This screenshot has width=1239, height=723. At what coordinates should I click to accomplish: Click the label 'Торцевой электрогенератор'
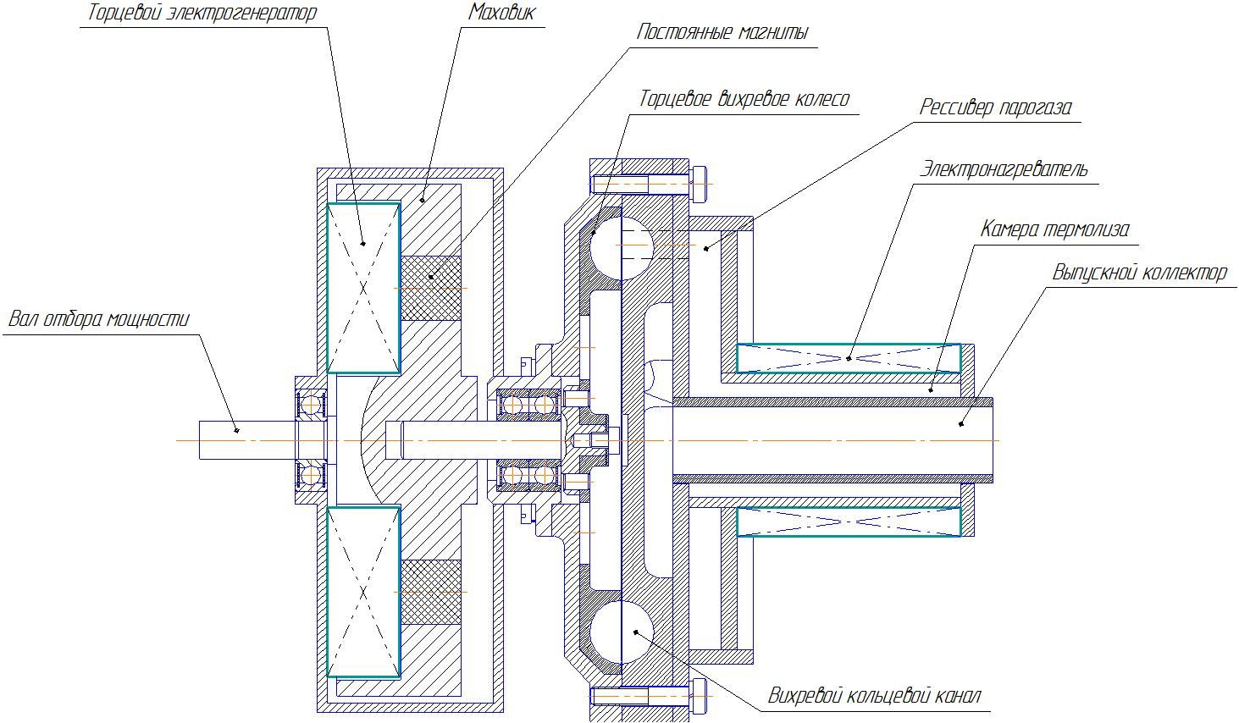click(x=201, y=14)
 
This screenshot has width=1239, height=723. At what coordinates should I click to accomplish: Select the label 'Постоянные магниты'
click(x=722, y=33)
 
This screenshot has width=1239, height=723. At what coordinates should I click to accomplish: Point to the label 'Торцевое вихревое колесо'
click(x=744, y=99)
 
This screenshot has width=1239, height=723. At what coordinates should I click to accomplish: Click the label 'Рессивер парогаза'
click(x=995, y=108)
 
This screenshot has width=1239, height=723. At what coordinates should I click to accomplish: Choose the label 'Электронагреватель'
click(x=1004, y=168)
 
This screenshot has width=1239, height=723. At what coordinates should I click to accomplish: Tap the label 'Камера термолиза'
click(x=1054, y=229)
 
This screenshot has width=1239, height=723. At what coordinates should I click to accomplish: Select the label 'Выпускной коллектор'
click(x=1139, y=273)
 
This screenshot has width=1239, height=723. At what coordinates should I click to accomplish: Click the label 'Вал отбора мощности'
click(x=98, y=320)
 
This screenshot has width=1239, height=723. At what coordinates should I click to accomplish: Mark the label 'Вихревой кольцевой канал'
click(x=874, y=697)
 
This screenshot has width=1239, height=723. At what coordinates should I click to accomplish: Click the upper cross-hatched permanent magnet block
click(x=431, y=288)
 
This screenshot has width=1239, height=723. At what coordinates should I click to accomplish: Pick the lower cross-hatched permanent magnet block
click(x=431, y=592)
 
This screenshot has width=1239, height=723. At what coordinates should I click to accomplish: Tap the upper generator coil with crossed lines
click(x=363, y=288)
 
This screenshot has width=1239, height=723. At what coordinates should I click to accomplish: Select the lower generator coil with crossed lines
click(x=363, y=592)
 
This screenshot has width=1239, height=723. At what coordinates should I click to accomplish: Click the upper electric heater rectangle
click(x=849, y=358)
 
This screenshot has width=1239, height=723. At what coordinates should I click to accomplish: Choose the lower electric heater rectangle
click(x=849, y=522)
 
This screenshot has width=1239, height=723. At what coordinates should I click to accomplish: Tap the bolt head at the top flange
click(x=700, y=184)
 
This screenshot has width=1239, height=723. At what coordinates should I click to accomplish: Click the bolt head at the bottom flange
click(x=700, y=696)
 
